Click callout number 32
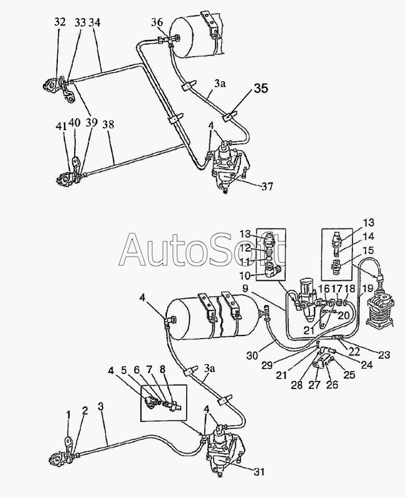click(x=60, y=22)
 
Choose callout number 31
click(x=260, y=471)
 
